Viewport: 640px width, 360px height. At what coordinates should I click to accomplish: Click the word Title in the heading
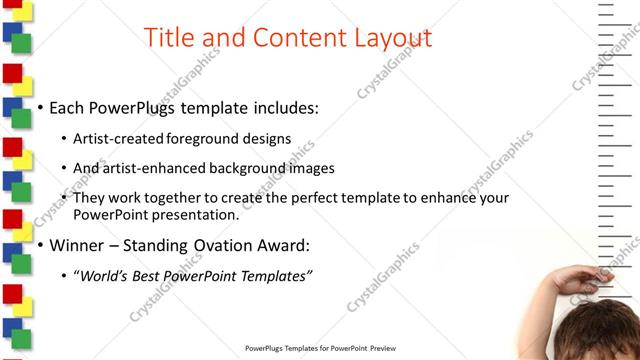coord(171,38)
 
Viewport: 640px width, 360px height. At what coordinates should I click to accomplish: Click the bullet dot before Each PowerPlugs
coord(40,108)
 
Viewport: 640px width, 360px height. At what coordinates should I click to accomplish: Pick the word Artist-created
coord(120,139)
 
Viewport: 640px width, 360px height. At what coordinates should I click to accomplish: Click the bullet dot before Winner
coord(40,245)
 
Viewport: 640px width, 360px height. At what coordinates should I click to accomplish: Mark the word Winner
coord(77,244)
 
